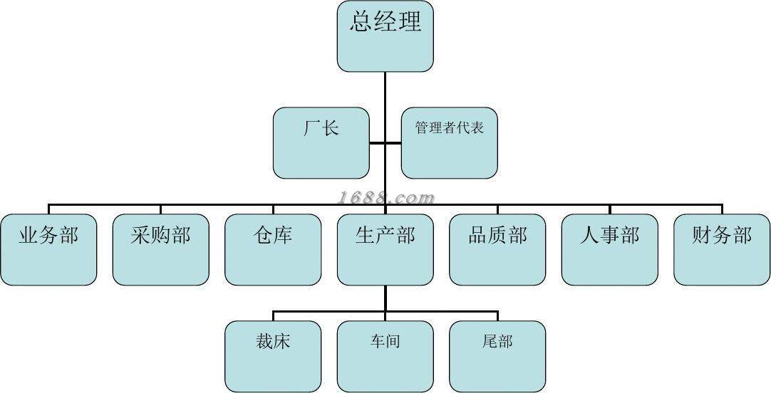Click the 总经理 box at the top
click(385, 36)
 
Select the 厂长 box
click(321, 142)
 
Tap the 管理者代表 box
click(449, 142)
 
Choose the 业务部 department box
click(48, 249)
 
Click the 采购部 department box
click(160, 249)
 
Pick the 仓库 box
click(273, 249)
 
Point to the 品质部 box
click(497, 249)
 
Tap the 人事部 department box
click(609, 249)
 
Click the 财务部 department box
click(722, 249)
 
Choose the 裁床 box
click(273, 356)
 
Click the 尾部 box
click(497, 356)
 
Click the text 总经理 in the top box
click(385, 21)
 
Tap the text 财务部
click(722, 235)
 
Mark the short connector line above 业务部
click(48, 209)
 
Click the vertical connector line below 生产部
click(385, 298)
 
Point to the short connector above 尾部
click(497, 315)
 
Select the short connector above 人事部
click(610, 209)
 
